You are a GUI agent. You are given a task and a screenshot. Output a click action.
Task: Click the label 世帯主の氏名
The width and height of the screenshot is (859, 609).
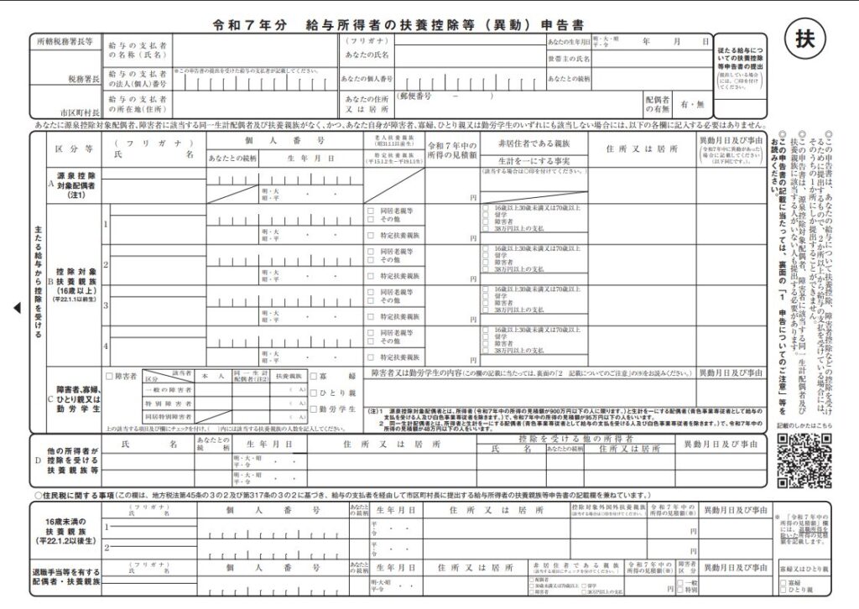click(569, 60)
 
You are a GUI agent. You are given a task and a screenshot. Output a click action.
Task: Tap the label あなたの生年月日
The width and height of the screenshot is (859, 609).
click(569, 41)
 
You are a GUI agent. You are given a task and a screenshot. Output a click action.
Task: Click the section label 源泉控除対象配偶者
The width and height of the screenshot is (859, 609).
click(75, 183)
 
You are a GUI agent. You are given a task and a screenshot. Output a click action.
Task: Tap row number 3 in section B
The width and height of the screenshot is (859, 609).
click(106, 304)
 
